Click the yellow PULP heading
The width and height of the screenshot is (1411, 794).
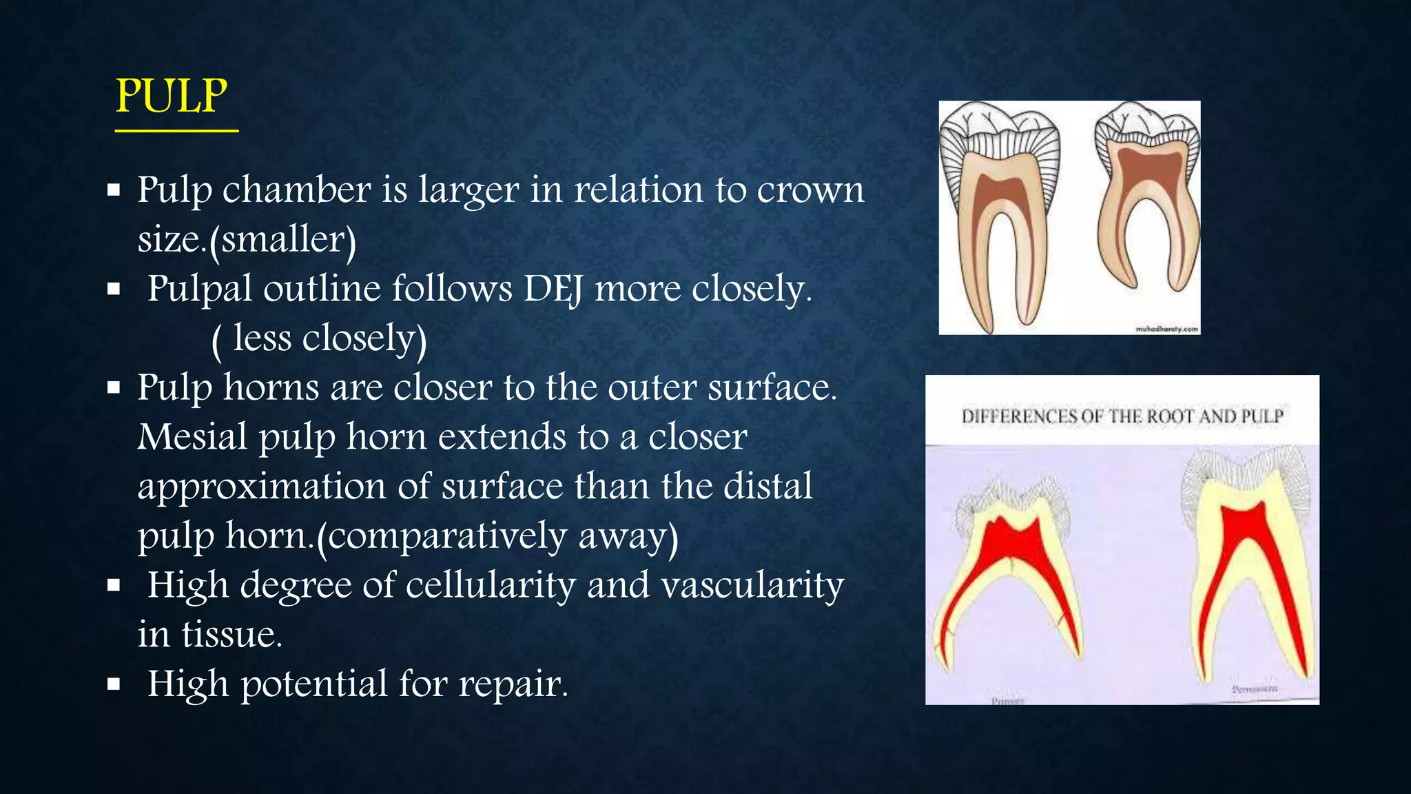(x=171, y=96)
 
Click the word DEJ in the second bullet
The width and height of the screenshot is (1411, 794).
(x=553, y=289)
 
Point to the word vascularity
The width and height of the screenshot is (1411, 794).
(x=752, y=585)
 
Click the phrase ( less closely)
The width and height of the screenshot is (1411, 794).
(x=319, y=339)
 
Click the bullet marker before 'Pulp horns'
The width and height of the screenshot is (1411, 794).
(x=114, y=388)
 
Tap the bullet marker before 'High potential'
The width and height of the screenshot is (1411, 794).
(x=114, y=684)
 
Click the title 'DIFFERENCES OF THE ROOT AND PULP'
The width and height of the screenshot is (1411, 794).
(x=1122, y=416)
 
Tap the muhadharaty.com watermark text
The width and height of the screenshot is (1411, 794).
(x=1166, y=329)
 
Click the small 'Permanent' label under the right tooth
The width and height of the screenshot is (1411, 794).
(x=1254, y=689)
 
